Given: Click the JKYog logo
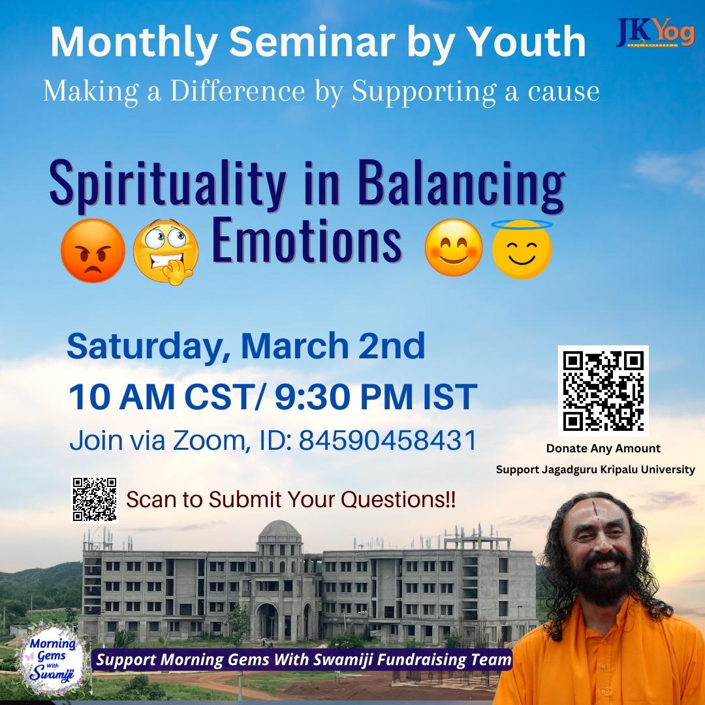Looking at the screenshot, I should tap(655, 35).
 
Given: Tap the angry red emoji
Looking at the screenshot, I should tap(92, 249).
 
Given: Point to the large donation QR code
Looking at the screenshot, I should tap(603, 390).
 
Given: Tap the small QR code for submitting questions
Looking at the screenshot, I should tap(93, 499).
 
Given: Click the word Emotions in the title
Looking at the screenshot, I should tap(306, 242).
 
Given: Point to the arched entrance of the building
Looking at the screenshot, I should tap(267, 621).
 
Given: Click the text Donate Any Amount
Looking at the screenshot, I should tap(603, 448).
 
